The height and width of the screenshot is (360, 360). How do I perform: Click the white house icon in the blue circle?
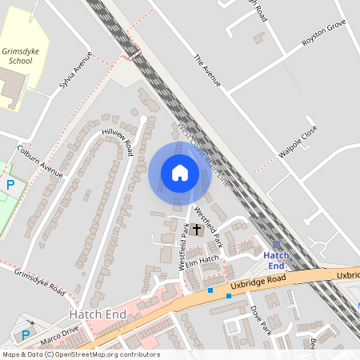click(x=180, y=172)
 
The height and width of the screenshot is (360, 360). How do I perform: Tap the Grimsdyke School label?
click(x=18, y=54)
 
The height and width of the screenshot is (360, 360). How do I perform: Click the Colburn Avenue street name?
click(x=40, y=161)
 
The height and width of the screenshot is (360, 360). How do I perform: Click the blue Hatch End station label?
click(x=275, y=259)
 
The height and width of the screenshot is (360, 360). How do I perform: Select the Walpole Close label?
click(x=304, y=142)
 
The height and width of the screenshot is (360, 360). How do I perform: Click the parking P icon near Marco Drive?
click(x=25, y=334)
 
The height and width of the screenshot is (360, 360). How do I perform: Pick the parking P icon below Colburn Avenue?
click(x=10, y=186)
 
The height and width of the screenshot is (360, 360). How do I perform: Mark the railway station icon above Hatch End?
click(x=277, y=245)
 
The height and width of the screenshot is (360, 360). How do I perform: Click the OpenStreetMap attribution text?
click(x=80, y=354)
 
